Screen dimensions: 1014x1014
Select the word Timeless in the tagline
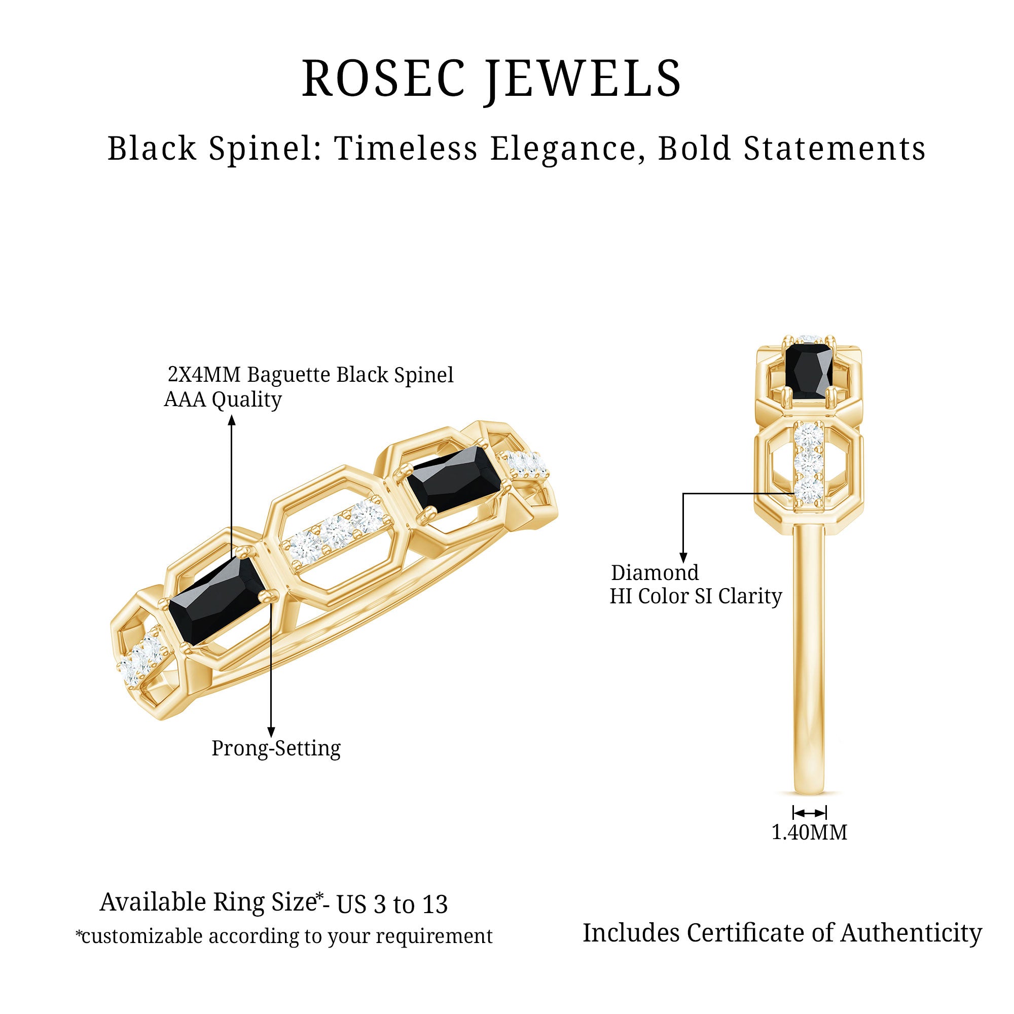click(x=406, y=149)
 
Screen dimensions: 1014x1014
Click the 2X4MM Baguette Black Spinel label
click(x=310, y=375)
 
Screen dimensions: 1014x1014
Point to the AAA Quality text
click(x=223, y=400)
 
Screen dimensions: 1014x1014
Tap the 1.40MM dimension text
click(x=809, y=832)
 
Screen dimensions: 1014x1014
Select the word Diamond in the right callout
click(x=655, y=572)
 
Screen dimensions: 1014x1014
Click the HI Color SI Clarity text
click(x=696, y=596)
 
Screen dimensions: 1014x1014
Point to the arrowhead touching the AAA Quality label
click(x=232, y=420)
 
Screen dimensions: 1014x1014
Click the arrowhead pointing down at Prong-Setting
click(x=271, y=732)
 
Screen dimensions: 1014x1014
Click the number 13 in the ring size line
click(x=433, y=904)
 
